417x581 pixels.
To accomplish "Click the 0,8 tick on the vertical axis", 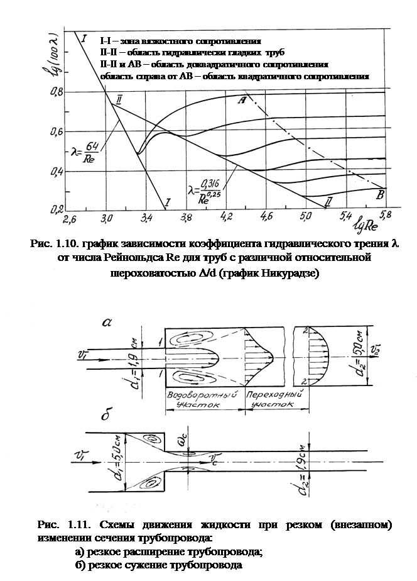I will click(x=55, y=92).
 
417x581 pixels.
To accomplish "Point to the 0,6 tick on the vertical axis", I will click(x=55, y=131).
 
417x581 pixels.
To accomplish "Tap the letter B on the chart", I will click(x=379, y=196).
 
